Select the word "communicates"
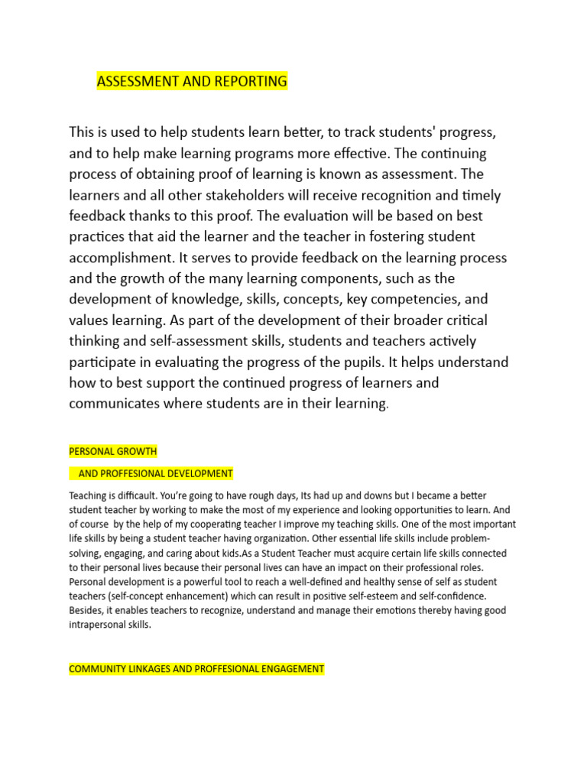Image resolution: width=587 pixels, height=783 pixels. point(116,403)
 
